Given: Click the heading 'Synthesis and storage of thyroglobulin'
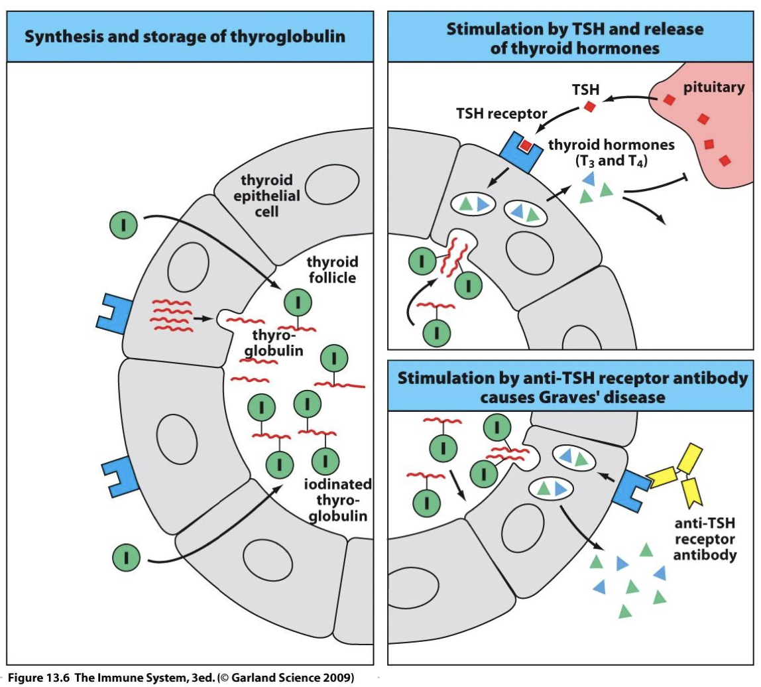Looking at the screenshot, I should pos(185,36).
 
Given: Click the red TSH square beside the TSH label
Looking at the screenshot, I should pos(590,106).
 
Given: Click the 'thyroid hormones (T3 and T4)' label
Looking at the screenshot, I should pos(607,153).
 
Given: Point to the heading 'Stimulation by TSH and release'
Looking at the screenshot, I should pos(574,29).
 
